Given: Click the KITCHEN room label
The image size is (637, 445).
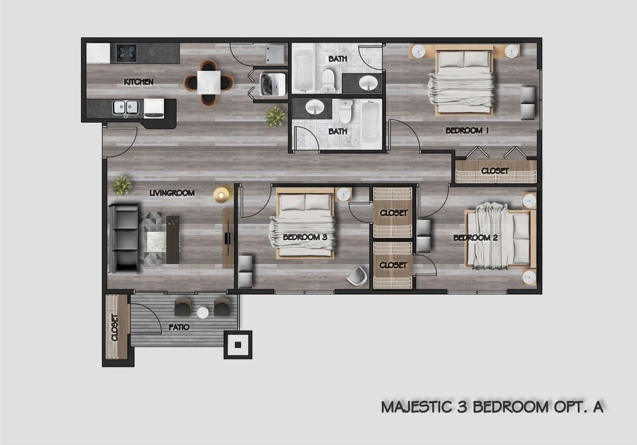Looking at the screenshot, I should coord(138,82).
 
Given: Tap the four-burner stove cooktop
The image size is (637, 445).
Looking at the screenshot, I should coord(126,53).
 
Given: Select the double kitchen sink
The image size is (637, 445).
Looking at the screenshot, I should coord(125,108).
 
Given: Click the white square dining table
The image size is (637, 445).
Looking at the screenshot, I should coord(209,82).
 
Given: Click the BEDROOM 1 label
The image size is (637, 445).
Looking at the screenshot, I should coord(467,131).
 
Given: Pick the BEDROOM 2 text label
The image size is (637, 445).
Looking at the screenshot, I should coord(475,238).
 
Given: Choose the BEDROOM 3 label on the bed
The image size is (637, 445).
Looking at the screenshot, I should coord(305,237).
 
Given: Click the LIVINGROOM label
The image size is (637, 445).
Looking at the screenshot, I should coord(172,193).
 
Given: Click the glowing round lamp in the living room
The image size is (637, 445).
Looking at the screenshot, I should coord(221,194).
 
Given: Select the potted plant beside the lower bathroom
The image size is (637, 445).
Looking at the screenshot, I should coord(275,116).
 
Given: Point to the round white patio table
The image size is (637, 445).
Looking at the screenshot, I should coord(203,313).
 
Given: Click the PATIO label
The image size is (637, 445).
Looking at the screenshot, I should coord(179,327).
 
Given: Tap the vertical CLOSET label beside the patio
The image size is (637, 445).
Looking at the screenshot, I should coord(115,327).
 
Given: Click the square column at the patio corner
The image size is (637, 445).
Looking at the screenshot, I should coord(238,344).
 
